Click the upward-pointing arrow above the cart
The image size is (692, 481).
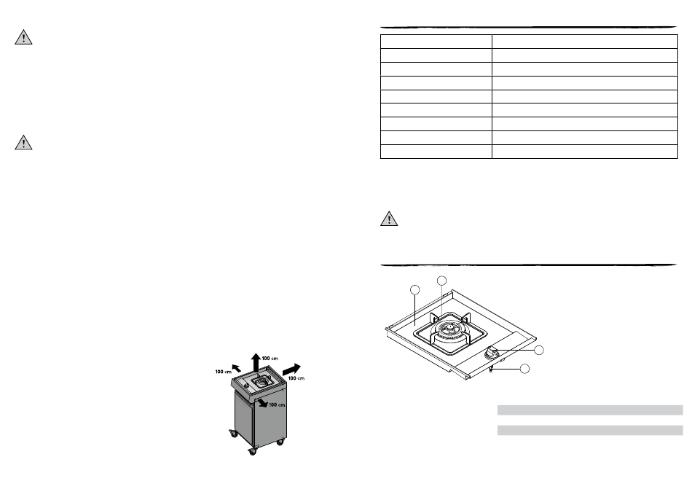(x=256, y=363)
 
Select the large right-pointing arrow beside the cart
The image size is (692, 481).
(x=291, y=369)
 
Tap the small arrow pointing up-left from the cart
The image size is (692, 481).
(x=237, y=368)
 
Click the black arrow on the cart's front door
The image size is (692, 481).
(x=262, y=402)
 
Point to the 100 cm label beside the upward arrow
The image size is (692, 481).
(x=270, y=359)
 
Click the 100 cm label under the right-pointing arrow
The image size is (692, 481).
(x=296, y=378)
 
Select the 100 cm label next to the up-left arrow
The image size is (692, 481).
(x=224, y=372)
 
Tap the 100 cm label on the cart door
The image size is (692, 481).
(x=277, y=404)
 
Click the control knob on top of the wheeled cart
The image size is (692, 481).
(x=245, y=386)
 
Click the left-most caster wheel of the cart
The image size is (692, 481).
(x=233, y=434)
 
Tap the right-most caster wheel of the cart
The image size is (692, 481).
(x=280, y=442)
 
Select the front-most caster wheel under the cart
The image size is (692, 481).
(x=252, y=451)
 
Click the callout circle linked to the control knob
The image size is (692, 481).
(x=539, y=351)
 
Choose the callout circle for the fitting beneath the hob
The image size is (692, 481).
(x=524, y=368)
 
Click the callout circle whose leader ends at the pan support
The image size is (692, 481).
(x=441, y=281)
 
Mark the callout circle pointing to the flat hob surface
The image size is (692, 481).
(x=415, y=290)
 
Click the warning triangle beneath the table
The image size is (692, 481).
(x=389, y=219)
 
